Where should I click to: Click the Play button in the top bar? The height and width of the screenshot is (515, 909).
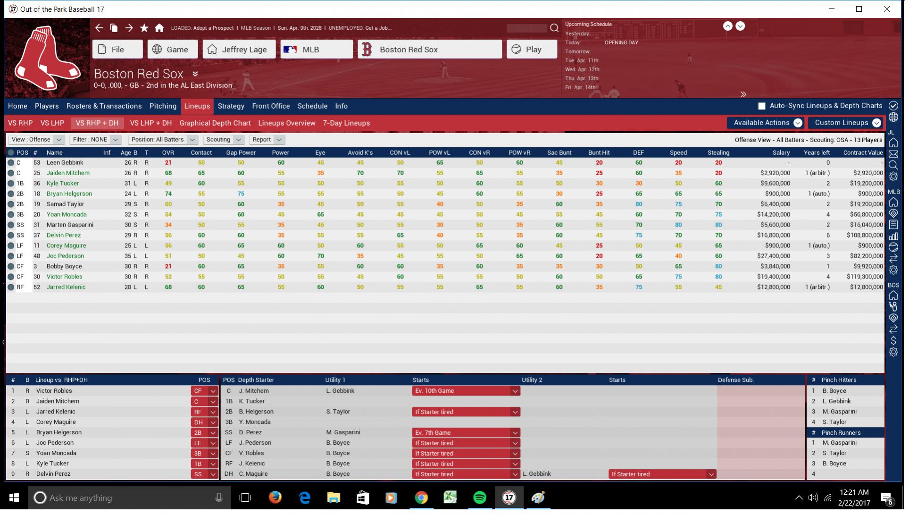[531, 50]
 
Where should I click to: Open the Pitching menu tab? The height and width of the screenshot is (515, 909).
[163, 106]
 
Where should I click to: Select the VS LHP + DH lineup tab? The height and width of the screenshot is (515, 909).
[150, 123]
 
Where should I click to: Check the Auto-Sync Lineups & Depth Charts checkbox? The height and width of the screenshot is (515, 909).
[761, 106]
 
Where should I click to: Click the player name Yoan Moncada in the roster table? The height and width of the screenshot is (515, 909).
[67, 214]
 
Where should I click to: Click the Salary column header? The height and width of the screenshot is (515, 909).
[781, 152]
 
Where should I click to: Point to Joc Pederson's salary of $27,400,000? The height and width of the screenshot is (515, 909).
[773, 256]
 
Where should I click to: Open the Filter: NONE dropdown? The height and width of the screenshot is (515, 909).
[95, 140]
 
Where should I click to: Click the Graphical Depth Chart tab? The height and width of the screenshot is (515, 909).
[215, 123]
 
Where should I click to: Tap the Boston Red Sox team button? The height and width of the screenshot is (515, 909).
[429, 50]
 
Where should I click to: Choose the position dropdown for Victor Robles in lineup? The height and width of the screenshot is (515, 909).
[204, 391]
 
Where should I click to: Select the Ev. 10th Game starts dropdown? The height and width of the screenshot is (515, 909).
[466, 391]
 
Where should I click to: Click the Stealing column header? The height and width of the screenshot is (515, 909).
[718, 152]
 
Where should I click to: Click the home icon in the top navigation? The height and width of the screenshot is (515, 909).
[159, 28]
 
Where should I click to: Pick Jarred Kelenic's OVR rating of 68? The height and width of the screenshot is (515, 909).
[168, 287]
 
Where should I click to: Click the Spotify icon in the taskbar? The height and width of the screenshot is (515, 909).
[479, 498]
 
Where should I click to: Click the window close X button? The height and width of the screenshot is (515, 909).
[886, 9]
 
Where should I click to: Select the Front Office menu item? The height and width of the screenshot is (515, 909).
[271, 106]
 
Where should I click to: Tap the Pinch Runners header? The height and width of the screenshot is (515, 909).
[841, 432]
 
